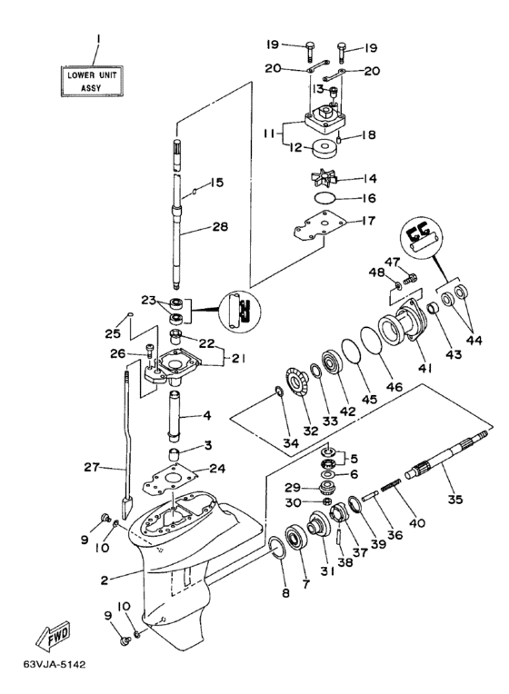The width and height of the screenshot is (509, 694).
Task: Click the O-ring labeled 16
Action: click(x=326, y=197)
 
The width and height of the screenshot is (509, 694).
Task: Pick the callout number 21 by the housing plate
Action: click(x=238, y=358)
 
